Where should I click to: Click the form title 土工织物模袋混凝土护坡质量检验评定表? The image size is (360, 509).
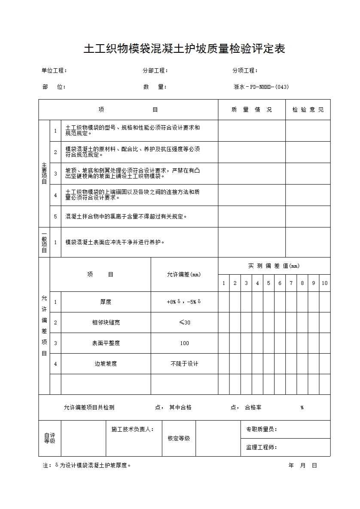tap(184, 49)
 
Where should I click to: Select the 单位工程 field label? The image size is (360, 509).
tap(54, 71)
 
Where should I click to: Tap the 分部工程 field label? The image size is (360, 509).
tap(155, 71)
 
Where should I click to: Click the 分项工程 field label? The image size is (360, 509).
tap(245, 71)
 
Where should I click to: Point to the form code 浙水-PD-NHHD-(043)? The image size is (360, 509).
tap(261, 87)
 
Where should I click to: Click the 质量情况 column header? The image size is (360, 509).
tap(251, 110)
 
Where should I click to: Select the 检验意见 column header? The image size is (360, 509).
tap(308, 110)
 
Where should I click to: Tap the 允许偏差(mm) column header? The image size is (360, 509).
tap(184, 275)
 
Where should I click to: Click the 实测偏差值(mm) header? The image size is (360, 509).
tap(274, 266)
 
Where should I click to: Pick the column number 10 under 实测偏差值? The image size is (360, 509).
tap(325, 283)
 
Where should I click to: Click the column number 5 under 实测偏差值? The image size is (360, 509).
tap(268, 283)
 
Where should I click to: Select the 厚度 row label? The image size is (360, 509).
tap(106, 302)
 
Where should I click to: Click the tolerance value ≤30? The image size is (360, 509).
tap(184, 323)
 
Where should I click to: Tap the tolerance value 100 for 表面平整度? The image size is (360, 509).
tap(184, 343)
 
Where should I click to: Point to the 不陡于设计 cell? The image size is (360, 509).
tap(184, 364)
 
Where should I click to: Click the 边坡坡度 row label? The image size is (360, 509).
tap(106, 364)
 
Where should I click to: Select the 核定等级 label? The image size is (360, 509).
tap(179, 439)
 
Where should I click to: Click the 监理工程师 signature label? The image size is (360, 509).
tap(261, 448)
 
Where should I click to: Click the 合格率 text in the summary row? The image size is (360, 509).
tap(253, 408)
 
